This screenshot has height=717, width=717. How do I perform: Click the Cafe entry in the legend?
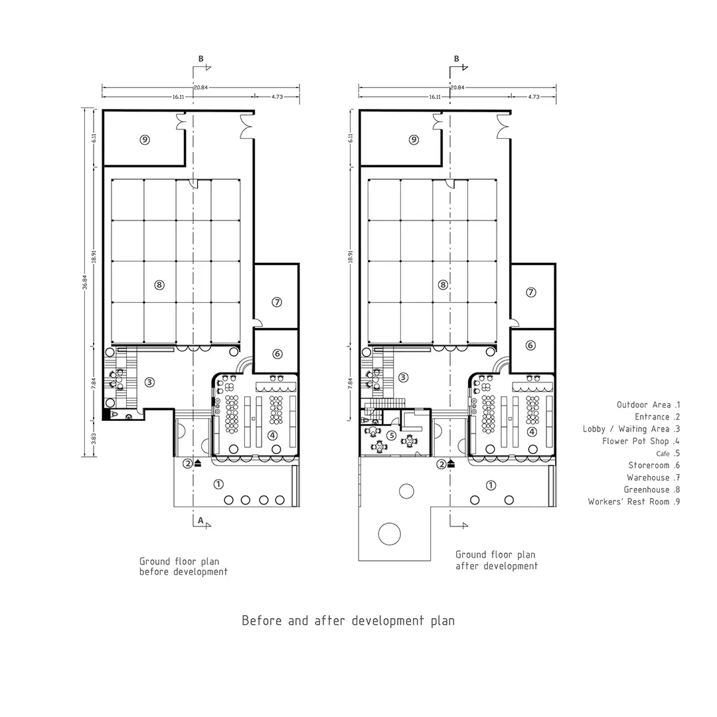coord(668,453)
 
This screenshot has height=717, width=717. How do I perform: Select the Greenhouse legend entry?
coord(652,490)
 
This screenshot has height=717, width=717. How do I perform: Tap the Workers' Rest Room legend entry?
coord(634,502)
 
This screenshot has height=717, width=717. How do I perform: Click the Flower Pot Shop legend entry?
coord(641,441)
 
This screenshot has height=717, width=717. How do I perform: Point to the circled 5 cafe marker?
coord(392,436)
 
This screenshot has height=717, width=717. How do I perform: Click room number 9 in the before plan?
coord(145,139)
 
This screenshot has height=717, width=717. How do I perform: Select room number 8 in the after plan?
coord(443,285)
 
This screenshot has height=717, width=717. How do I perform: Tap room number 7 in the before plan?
coord(277,302)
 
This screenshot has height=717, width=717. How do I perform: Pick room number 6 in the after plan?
coord(530,345)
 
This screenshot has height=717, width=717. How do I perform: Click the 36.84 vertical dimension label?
coord(84,282)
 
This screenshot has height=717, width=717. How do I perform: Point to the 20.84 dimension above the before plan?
coord(200,88)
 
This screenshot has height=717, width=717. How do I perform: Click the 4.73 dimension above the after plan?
coord(534,97)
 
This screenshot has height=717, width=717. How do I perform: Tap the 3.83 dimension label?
coord(94,439)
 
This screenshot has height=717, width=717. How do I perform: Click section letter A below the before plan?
coord(200,520)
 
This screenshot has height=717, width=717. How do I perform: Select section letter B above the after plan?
coord(456,58)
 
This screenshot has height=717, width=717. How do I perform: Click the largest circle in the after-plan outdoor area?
coord(390,534)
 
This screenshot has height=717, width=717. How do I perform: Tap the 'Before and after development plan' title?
coord(348,621)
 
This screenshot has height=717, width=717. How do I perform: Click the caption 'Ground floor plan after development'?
coord(497,560)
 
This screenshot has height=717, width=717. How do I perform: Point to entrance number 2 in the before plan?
coord(187,463)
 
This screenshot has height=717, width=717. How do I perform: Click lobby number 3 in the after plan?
coord(404,377)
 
